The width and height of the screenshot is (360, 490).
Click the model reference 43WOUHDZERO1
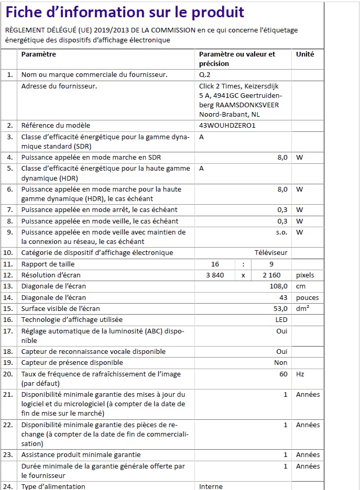227,126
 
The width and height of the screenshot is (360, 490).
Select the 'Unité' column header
305,54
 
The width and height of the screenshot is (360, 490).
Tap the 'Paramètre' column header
38,54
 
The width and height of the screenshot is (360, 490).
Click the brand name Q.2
204,75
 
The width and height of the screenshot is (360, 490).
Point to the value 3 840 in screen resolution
215,275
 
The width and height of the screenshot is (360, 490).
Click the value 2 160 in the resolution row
271,275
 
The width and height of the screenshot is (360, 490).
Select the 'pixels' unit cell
306,275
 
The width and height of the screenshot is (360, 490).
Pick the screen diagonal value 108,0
278,286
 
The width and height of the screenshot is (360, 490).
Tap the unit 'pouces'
307,298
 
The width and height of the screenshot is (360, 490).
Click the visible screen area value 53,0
280,309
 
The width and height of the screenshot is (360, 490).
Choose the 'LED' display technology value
281,320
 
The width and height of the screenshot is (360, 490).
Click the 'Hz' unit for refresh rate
300,374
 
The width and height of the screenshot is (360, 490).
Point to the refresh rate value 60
283,374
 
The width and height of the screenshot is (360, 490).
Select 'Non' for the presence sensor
281,363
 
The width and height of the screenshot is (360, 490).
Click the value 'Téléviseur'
271,253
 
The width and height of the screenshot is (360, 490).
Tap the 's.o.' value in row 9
281,232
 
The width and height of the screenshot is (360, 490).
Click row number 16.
8,320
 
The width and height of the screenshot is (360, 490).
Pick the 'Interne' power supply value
211,486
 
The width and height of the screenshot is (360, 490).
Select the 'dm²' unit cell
302,309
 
